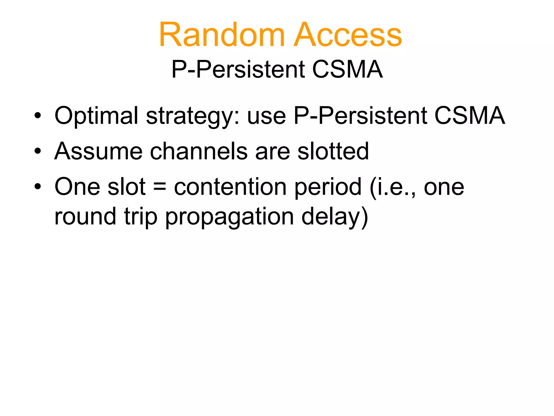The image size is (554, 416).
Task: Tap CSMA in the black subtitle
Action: (347, 69)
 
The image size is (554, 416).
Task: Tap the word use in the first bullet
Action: (266, 116)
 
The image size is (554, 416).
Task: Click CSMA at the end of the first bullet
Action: (469, 116)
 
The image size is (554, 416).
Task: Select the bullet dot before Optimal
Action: (38, 116)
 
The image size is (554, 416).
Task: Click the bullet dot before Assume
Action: (38, 151)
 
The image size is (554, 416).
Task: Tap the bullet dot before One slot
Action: (38, 187)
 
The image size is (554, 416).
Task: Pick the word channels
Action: (199, 151)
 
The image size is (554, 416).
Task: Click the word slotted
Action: (333, 151)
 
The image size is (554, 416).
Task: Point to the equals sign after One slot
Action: (160, 187)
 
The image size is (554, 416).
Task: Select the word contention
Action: (230, 187)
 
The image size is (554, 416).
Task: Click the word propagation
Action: (229, 217)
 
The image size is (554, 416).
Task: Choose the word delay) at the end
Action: (335, 217)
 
